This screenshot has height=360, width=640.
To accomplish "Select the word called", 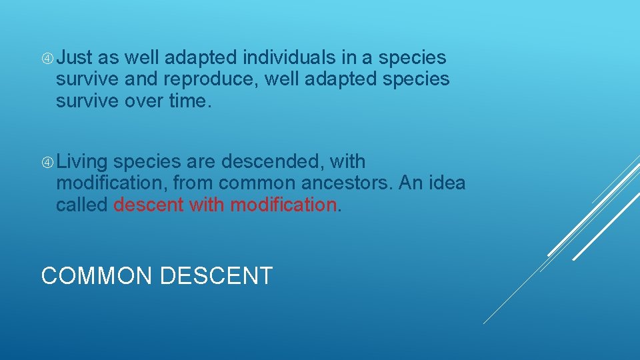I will [x=81, y=204].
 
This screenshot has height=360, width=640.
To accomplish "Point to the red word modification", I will [x=283, y=204].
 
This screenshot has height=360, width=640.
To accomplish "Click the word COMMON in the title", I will [x=97, y=275].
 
